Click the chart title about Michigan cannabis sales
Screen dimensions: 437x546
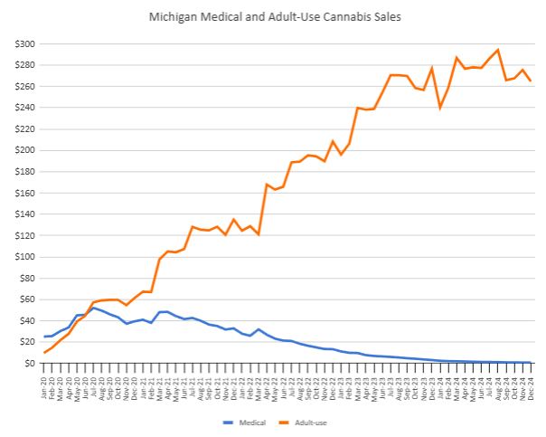pyautogui.click(x=272, y=16)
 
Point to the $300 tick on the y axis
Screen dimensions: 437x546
pyautogui.click(x=26, y=44)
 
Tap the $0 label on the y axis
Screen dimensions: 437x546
pyautogui.click(x=31, y=363)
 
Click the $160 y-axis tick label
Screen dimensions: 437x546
pyautogui.click(x=26, y=193)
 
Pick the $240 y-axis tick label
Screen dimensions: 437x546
pyautogui.click(x=26, y=108)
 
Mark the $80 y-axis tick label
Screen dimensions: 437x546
pyautogui.click(x=28, y=278)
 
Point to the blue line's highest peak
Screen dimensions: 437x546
pyautogui.click(x=93, y=308)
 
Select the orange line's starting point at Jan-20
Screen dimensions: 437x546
pyautogui.click(x=45, y=352)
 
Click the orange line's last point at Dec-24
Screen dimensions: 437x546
pyautogui.click(x=530, y=81)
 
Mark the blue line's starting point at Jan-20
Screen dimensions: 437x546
pyautogui.click(x=45, y=337)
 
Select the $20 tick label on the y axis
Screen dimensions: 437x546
pyautogui.click(x=28, y=342)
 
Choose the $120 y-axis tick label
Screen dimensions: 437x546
pyautogui.click(x=26, y=235)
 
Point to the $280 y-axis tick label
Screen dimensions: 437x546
pyautogui.click(x=26, y=65)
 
